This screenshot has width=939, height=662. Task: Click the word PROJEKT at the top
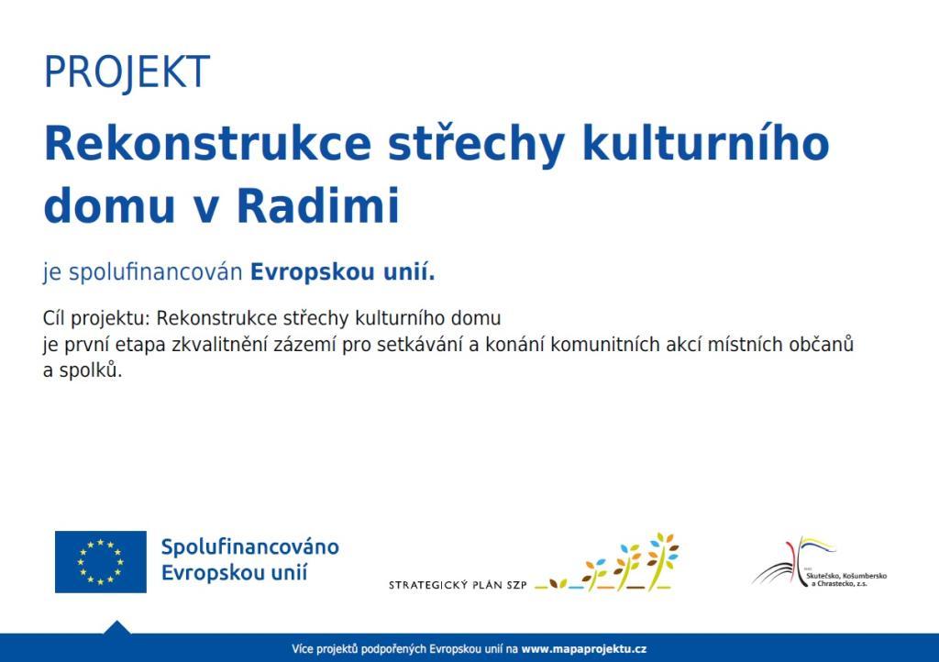coord(127,72)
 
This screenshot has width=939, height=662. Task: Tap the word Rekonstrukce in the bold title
coord(208,144)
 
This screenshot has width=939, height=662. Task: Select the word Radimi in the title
coord(318,205)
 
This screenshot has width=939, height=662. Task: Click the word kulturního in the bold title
coord(705,144)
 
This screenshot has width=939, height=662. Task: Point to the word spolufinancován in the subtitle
coord(156,272)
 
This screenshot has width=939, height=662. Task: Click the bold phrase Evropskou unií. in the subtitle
coord(343,272)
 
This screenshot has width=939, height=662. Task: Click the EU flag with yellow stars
coord(101,561)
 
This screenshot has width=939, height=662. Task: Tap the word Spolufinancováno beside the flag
coord(250,547)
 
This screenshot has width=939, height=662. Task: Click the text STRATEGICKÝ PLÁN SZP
coord(458,585)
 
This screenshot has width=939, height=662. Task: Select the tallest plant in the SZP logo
coord(662,560)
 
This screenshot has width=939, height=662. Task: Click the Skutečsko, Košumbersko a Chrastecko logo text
coord(846,579)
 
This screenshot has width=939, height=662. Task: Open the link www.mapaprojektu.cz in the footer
coord(584,649)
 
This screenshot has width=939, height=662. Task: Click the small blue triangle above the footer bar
coord(116,627)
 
